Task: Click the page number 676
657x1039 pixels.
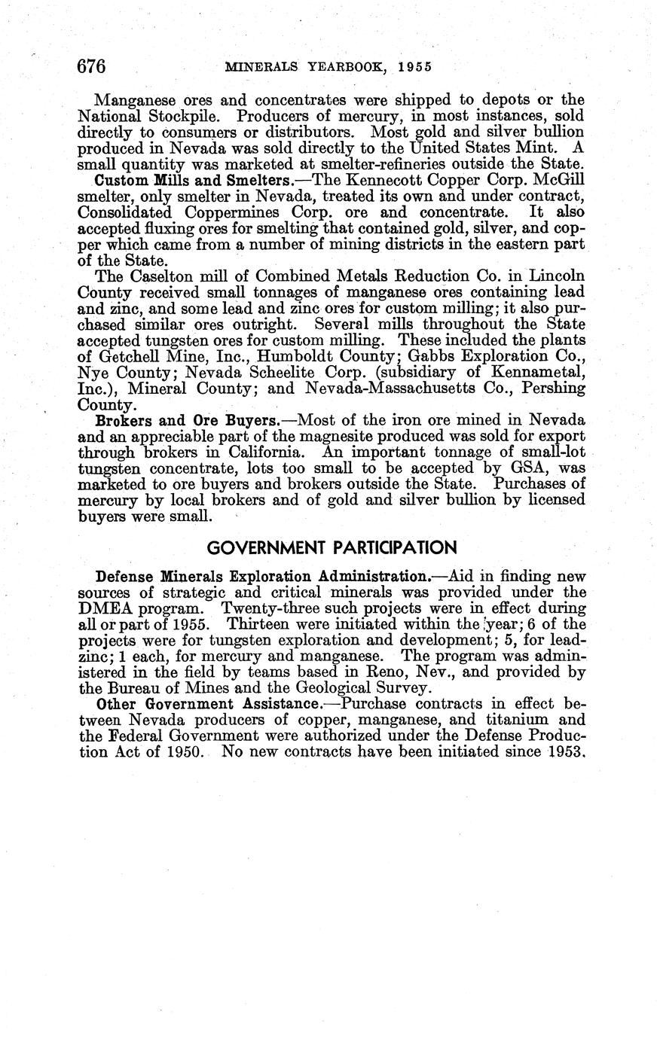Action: click(x=91, y=66)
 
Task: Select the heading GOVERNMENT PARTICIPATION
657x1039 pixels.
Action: click(x=332, y=547)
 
